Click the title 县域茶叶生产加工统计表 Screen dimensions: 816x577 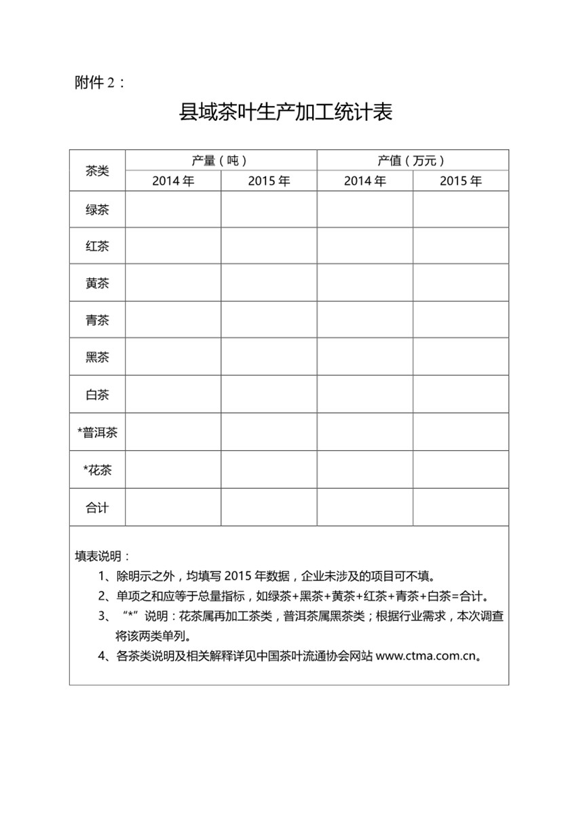pos(285,112)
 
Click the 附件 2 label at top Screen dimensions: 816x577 pos(99,83)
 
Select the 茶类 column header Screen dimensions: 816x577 pos(97,171)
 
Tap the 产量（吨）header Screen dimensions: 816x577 pos(220,161)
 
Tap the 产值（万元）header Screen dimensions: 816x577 pos(412,161)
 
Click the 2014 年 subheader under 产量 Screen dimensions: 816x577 pos(173,181)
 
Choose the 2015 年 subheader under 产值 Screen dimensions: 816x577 pos(460,181)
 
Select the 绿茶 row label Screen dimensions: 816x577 pos(97,210)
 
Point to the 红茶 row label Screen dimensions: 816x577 pos(97,246)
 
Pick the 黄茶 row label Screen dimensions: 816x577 pos(97,284)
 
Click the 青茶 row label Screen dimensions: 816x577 pos(97,320)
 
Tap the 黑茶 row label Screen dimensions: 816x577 pos(97,357)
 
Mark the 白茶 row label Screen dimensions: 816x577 pos(97,394)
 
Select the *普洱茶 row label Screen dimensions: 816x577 pos(97,432)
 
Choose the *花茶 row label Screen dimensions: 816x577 pos(97,470)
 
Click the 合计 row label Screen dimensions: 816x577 pos(97,507)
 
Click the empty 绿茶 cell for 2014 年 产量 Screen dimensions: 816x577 pos(173,210)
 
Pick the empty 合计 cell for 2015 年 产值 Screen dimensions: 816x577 pos(460,507)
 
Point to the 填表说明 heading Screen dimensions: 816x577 pos(102,557)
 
